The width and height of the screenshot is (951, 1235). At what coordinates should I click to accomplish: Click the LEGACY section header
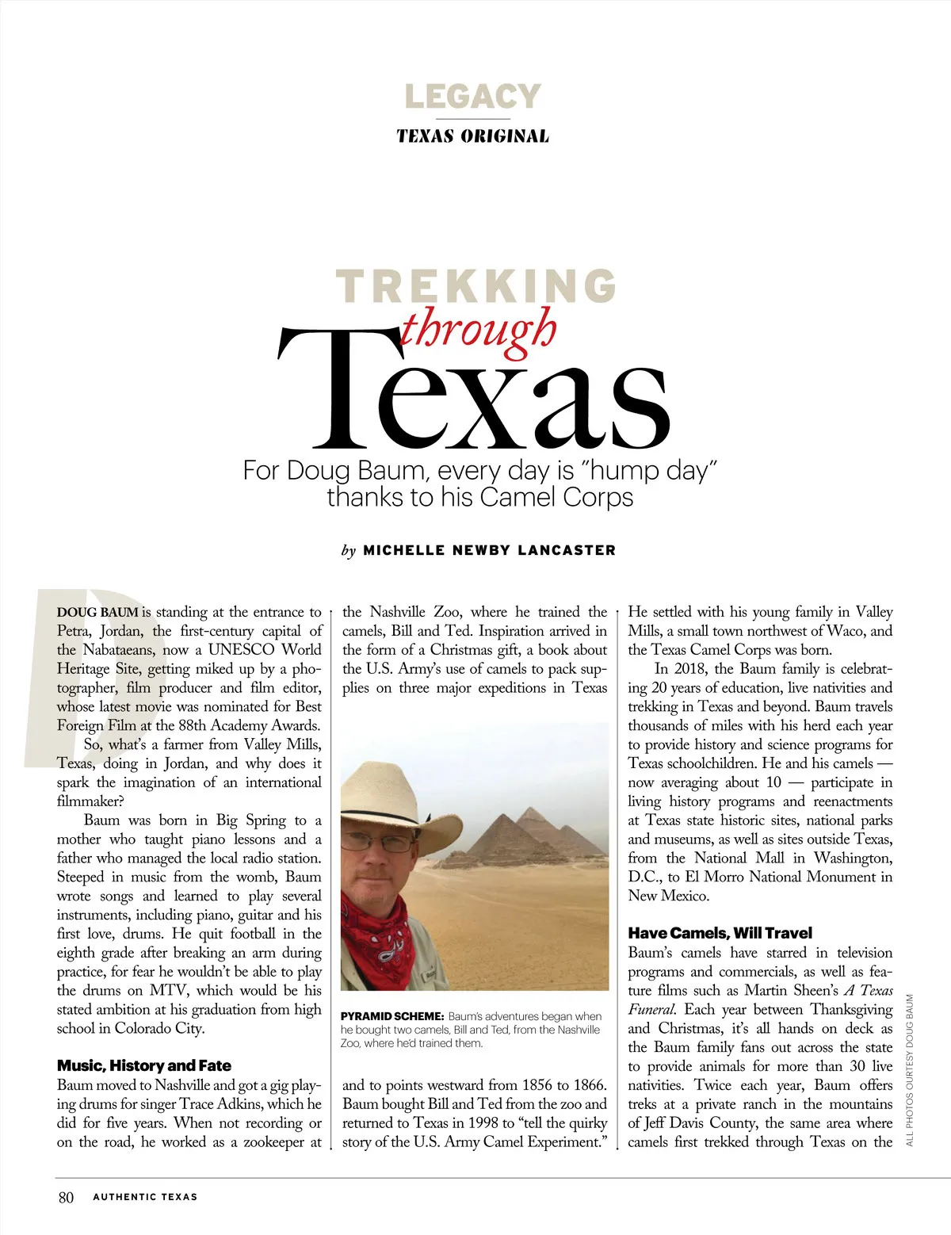pyautogui.click(x=472, y=97)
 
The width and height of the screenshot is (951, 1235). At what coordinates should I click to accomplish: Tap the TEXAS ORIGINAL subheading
pyautogui.click(x=472, y=136)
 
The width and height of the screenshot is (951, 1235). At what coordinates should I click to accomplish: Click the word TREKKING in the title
pyautogui.click(x=476, y=286)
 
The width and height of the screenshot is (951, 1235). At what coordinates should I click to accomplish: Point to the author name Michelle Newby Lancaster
pyautogui.click(x=489, y=550)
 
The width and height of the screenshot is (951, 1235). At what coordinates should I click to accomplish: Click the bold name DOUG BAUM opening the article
pyautogui.click(x=97, y=613)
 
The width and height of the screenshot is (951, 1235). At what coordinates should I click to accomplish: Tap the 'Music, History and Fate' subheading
pyautogui.click(x=144, y=1065)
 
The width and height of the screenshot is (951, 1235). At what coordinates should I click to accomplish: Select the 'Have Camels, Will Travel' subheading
pyautogui.click(x=720, y=933)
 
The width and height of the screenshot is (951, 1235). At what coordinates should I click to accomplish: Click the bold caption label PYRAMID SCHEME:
pyautogui.click(x=391, y=1016)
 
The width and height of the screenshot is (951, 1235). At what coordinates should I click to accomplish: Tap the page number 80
pyautogui.click(x=66, y=1197)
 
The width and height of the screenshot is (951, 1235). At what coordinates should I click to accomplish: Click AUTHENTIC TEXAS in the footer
pyautogui.click(x=145, y=1197)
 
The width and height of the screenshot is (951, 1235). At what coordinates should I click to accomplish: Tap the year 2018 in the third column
pyautogui.click(x=690, y=669)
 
